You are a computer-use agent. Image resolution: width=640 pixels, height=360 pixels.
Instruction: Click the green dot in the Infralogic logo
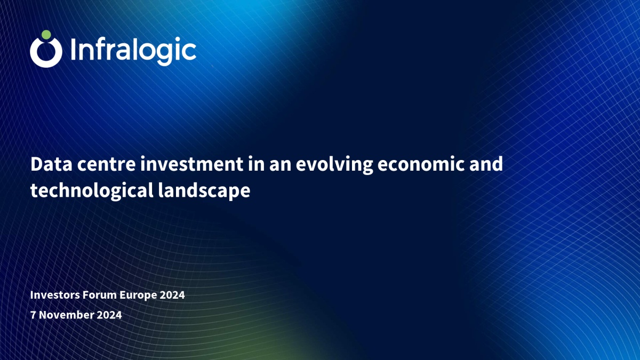[46, 35]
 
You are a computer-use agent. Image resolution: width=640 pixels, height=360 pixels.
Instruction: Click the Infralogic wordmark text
[133, 51]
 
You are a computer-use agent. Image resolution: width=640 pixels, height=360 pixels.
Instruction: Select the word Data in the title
[51, 164]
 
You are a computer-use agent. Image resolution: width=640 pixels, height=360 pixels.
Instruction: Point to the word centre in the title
[106, 165]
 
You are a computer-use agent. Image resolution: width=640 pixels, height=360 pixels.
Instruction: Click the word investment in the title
[191, 164]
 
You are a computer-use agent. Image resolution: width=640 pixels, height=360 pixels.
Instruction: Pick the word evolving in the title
[334, 165]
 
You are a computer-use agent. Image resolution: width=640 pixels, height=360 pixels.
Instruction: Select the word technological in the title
[92, 191]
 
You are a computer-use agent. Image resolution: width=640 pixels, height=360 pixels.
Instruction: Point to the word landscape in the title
[204, 191]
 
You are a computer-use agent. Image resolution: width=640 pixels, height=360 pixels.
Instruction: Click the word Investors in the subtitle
[55, 295]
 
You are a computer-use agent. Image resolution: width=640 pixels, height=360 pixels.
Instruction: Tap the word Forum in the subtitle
[100, 295]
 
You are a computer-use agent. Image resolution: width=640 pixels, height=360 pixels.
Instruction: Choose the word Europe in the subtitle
[138, 295]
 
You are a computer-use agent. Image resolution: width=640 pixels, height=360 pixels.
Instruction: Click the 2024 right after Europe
[172, 295]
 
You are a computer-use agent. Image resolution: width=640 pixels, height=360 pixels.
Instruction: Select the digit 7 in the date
[33, 315]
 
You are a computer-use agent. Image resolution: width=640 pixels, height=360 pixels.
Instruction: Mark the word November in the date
[66, 315]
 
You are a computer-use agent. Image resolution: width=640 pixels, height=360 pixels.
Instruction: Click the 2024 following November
[109, 315]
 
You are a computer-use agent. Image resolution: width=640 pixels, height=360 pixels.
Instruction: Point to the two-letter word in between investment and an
[257, 164]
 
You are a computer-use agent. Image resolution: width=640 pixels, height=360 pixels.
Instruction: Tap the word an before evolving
[280, 165]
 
